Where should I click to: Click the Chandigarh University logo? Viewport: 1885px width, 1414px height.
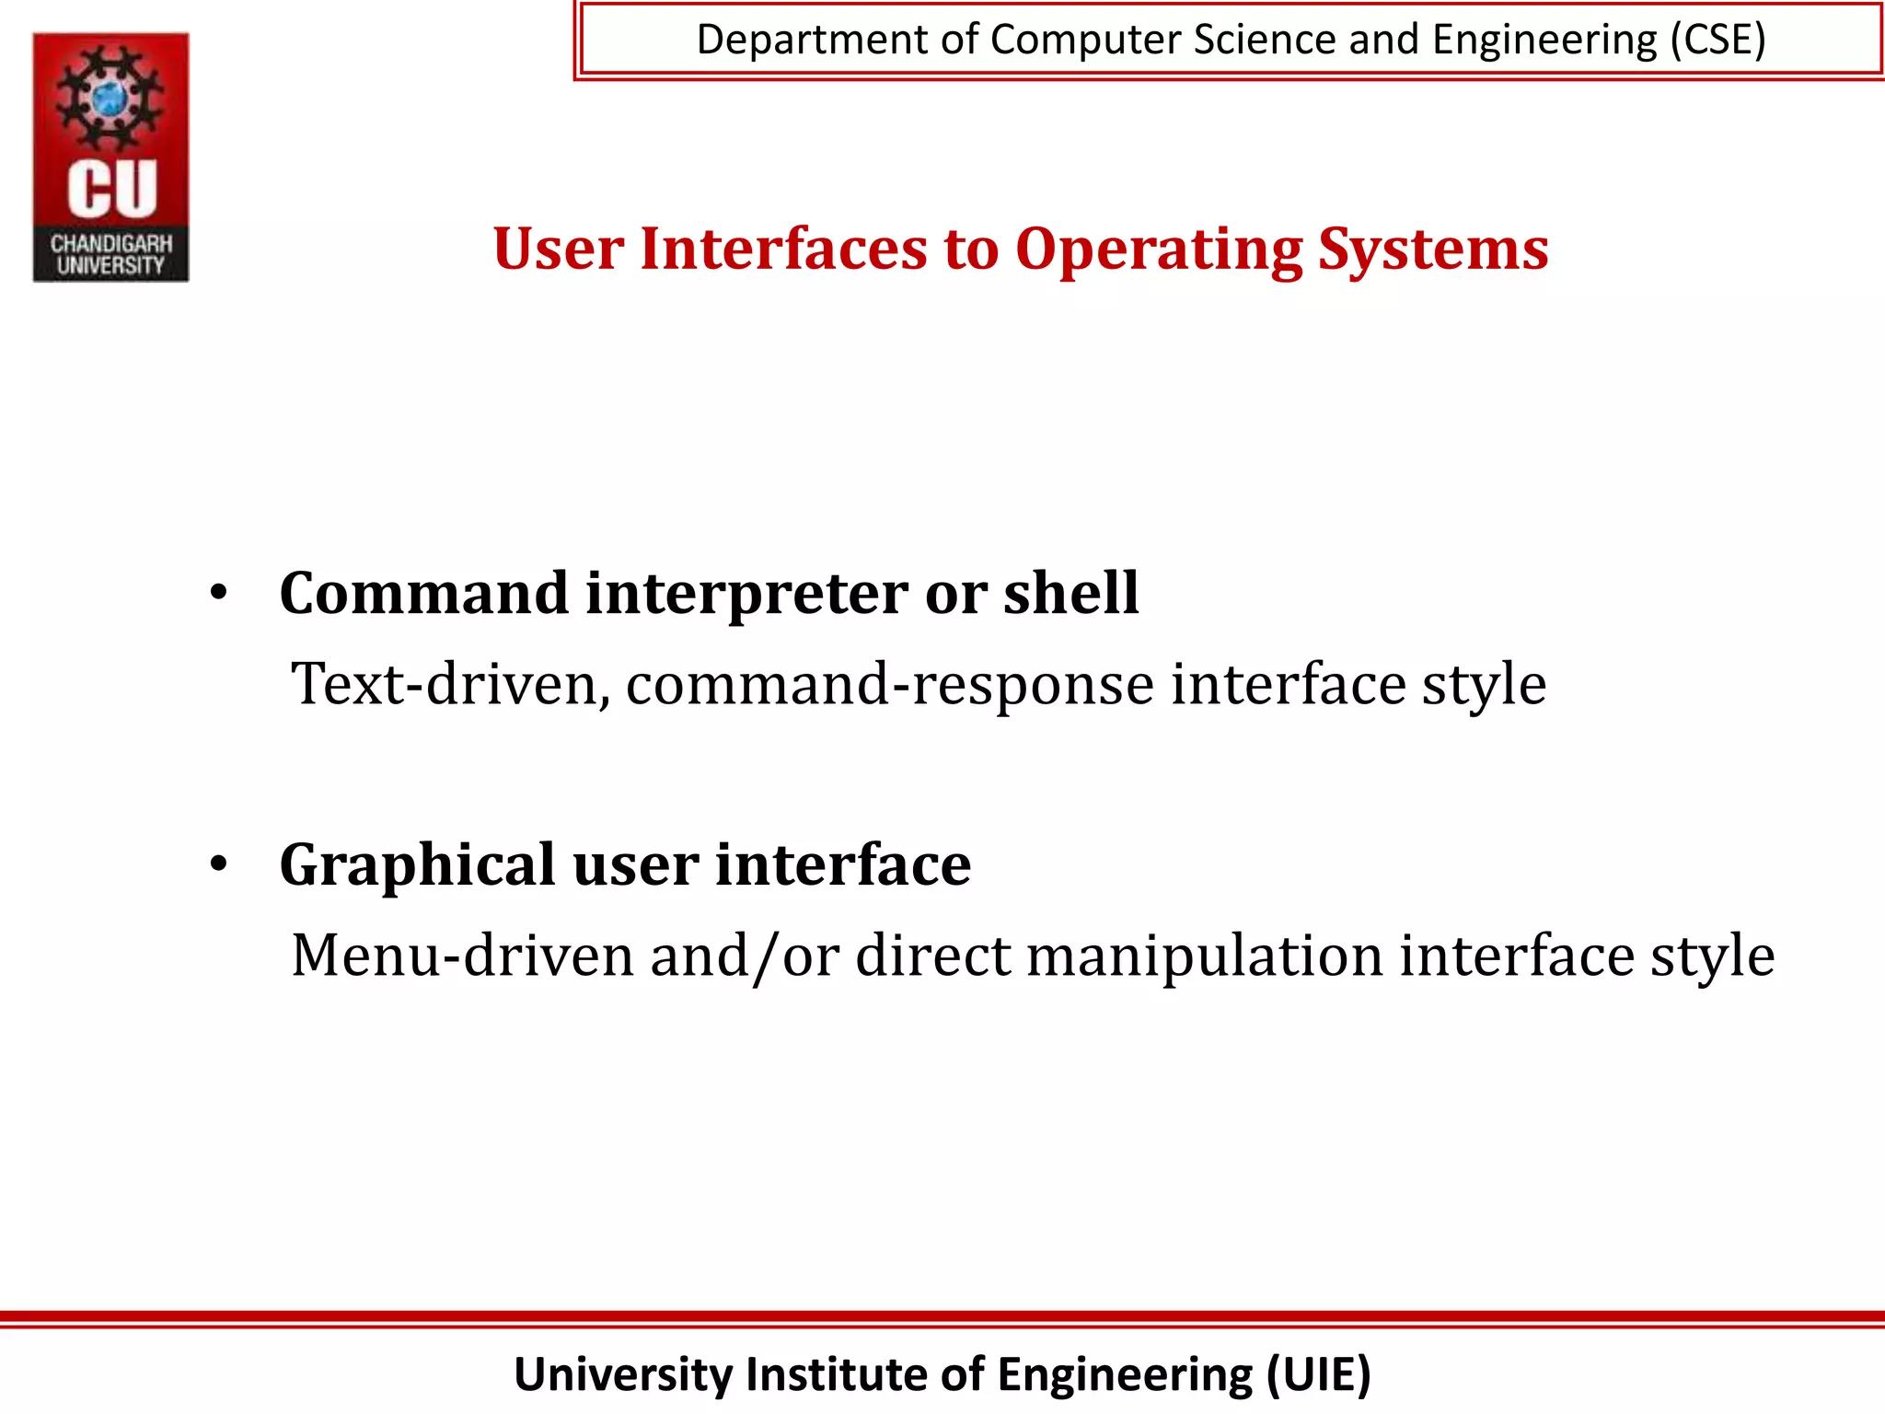[x=111, y=156]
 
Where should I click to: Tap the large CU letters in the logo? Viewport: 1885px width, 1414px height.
[x=112, y=189]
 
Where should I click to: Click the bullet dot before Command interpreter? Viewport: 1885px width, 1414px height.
[x=218, y=593]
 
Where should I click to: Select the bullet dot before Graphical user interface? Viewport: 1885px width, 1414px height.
[x=218, y=864]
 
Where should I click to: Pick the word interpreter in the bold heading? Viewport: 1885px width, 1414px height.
[x=746, y=594]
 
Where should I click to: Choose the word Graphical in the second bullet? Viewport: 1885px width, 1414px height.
[x=417, y=865]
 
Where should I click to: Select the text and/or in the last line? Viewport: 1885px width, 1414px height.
[x=745, y=956]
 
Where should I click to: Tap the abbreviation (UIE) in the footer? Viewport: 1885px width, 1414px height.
[x=1319, y=1374]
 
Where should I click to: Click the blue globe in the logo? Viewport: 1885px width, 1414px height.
[x=110, y=97]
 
